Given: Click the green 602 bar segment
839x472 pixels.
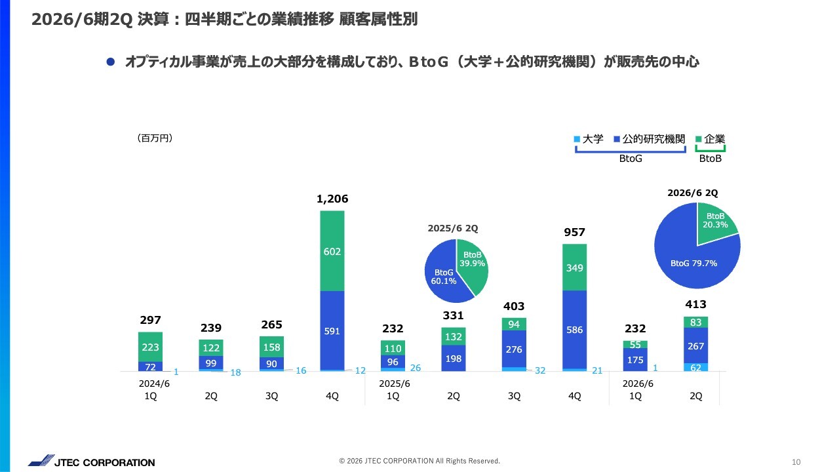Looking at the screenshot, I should [x=332, y=251].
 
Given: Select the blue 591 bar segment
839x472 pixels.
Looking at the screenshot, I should [x=332, y=330].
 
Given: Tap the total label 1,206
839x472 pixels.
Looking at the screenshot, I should [x=332, y=199].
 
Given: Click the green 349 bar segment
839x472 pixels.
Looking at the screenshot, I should [x=575, y=267].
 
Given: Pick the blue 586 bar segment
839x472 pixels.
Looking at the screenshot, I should [x=575, y=330].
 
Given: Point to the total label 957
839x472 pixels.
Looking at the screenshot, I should [x=575, y=232].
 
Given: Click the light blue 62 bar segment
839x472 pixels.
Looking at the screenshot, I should [x=696, y=367].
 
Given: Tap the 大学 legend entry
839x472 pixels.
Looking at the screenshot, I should [x=589, y=139].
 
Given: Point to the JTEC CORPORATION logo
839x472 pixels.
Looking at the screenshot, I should [x=92, y=462].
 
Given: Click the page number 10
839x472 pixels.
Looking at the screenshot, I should [x=796, y=462].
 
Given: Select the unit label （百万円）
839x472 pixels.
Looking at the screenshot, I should [x=155, y=138].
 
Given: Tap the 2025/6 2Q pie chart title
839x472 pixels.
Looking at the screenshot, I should [x=452, y=228].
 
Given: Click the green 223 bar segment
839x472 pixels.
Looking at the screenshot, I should [x=150, y=347].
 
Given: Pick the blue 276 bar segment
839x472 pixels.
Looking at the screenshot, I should [x=514, y=349].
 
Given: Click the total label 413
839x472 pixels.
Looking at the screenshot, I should [x=696, y=304].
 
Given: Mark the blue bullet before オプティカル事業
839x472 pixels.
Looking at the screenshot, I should [x=111, y=62].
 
